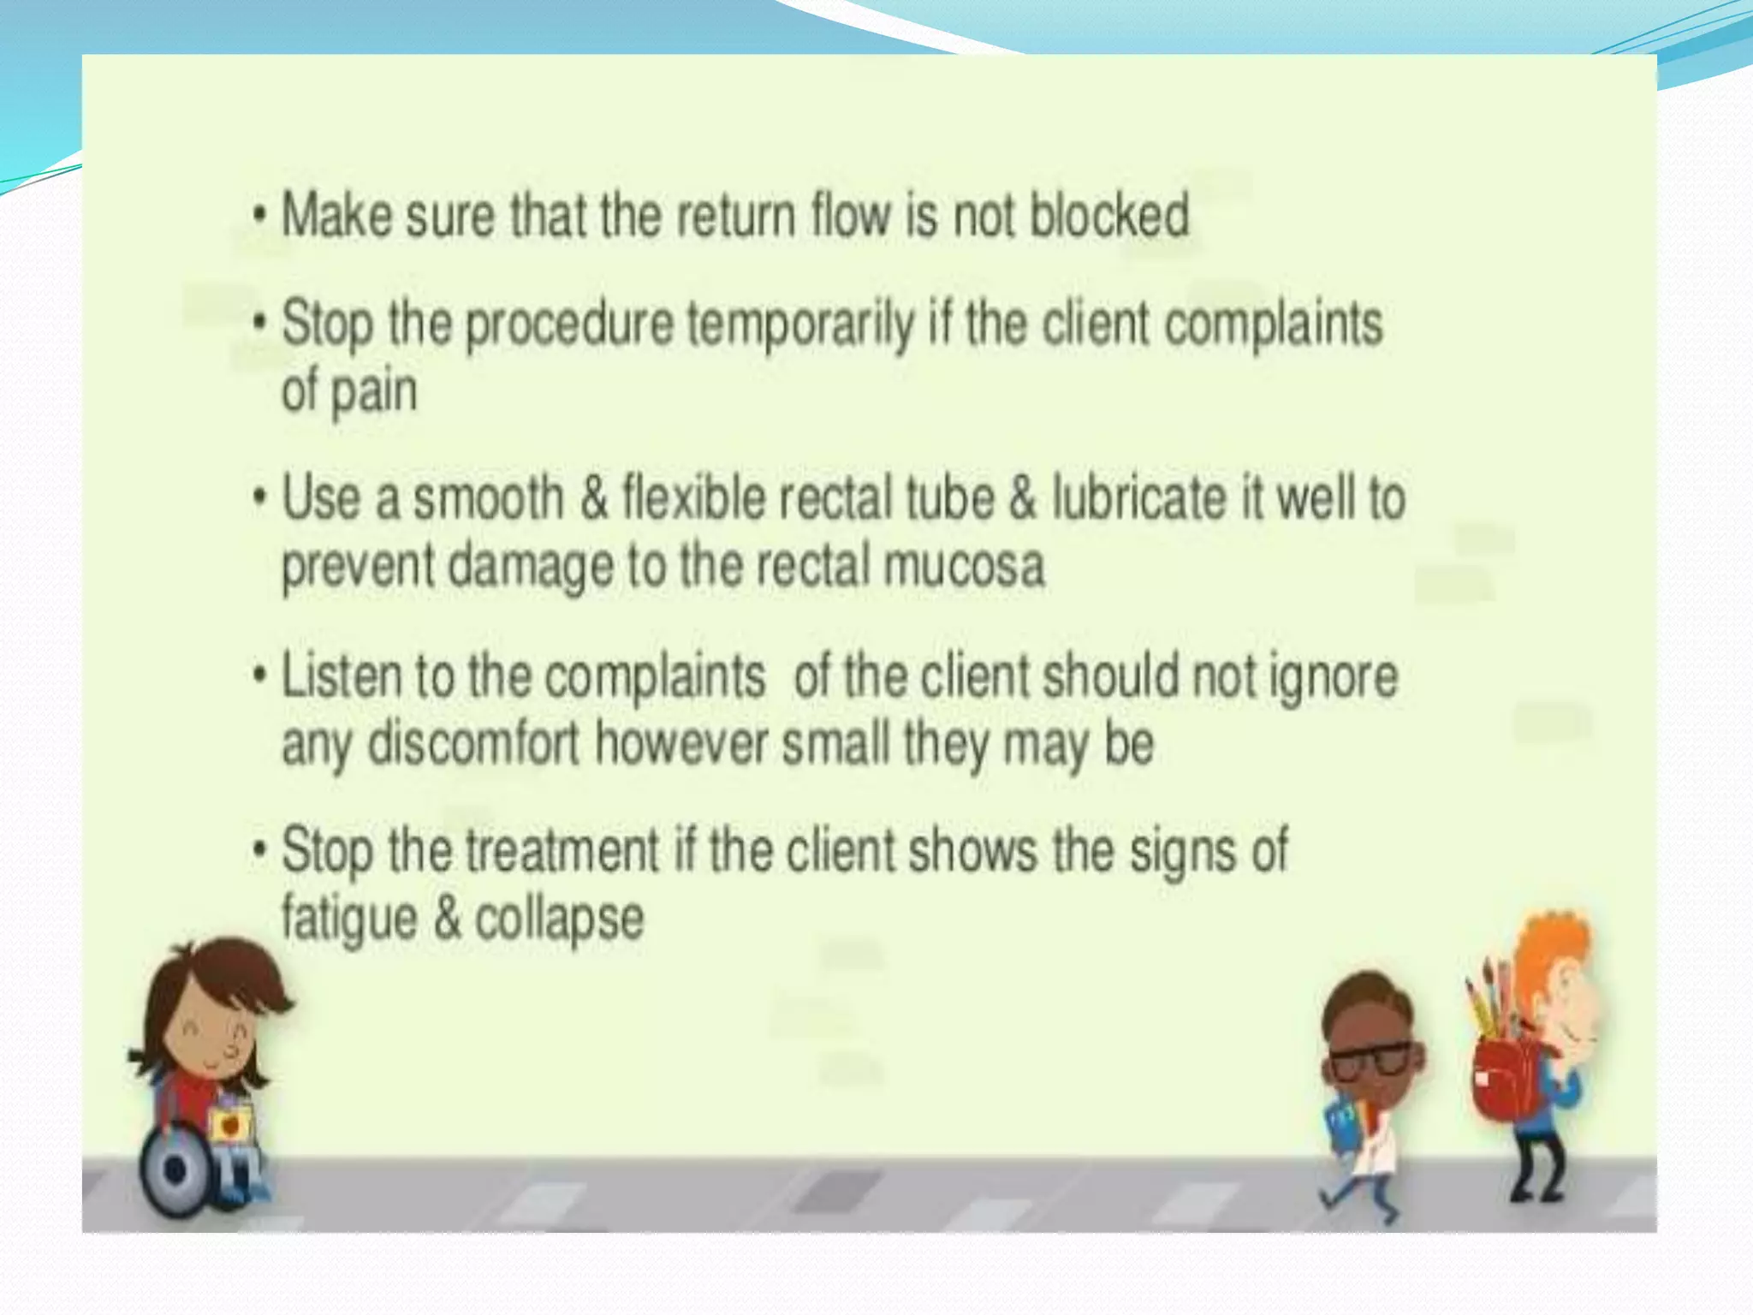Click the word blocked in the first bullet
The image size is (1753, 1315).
click(1108, 215)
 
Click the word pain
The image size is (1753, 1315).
click(374, 393)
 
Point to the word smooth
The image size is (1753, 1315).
click(488, 499)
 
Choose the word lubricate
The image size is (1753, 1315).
click(1138, 499)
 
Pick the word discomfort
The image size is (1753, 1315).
click(473, 744)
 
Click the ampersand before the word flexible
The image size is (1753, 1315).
click(593, 499)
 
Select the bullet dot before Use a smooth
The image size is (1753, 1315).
click(260, 497)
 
